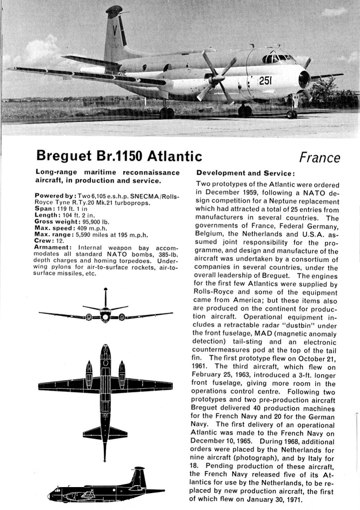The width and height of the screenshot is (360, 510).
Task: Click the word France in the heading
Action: [x=319, y=158]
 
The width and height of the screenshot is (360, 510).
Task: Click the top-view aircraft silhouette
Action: [x=105, y=389]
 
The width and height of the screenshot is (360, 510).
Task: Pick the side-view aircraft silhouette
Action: [x=106, y=486]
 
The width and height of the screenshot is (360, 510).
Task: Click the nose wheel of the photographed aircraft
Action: [x=292, y=113]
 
